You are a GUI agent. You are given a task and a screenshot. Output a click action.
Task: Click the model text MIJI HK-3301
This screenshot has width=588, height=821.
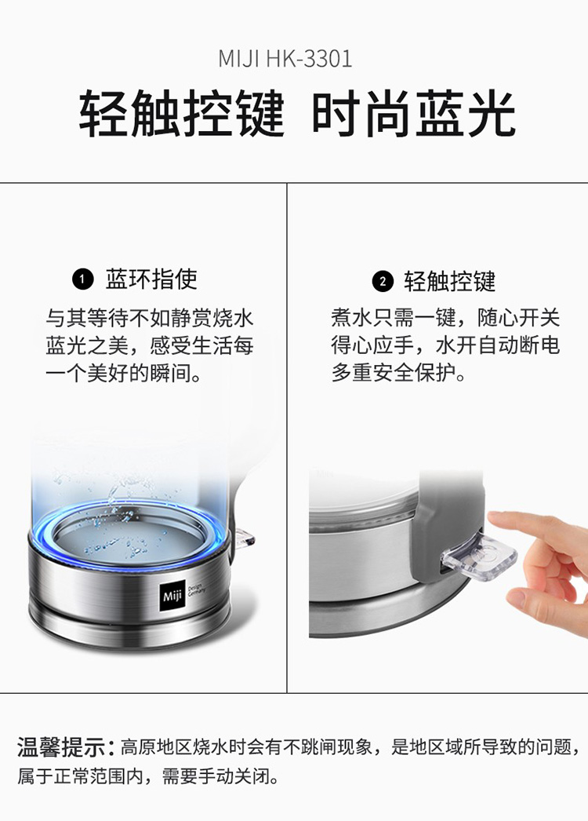coord(285,59)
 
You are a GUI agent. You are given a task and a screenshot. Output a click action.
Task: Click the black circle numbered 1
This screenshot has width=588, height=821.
coord(82,279)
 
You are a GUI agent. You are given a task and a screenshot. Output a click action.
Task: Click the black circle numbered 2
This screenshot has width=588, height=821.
coord(383,281)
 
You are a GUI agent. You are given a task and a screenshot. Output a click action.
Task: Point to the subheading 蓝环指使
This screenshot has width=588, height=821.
coord(152,279)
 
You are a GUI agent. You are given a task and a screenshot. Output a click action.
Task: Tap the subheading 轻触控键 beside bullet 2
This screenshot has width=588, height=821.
coord(450,281)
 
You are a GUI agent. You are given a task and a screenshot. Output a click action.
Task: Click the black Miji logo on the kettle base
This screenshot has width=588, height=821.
coord(172,596)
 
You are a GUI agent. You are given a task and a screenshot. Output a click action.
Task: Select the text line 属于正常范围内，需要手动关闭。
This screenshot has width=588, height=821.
coord(148,776)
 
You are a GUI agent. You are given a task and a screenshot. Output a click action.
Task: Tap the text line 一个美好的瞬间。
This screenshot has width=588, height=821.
coord(124,374)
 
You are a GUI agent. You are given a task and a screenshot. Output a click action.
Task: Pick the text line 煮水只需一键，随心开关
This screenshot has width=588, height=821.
coord(445,318)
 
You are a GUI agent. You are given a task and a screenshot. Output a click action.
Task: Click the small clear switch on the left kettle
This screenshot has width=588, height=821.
coord(245,538)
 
